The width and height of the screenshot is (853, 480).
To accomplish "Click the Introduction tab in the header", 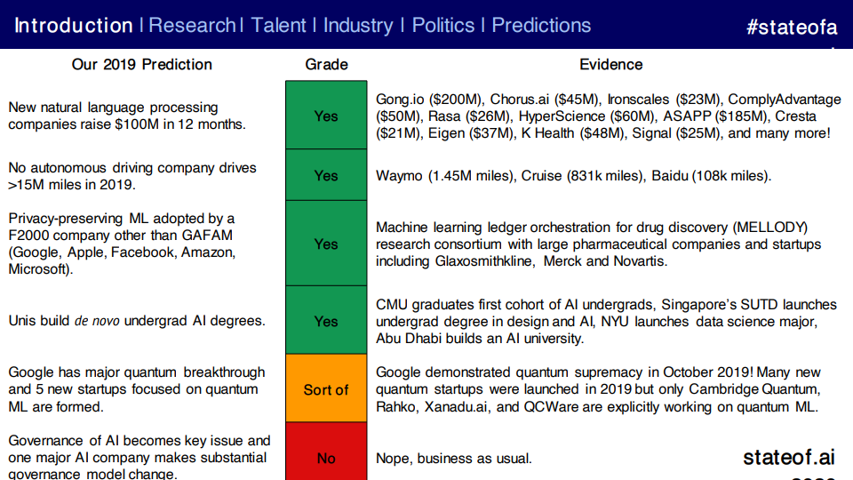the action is [74, 26].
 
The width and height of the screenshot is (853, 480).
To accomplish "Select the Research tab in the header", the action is [192, 26].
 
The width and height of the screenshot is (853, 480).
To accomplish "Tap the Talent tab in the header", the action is [278, 26].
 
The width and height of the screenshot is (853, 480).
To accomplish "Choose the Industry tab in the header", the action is [358, 26].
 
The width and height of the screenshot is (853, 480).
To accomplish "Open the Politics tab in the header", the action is [442, 26].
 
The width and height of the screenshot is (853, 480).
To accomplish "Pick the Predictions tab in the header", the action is [541, 26].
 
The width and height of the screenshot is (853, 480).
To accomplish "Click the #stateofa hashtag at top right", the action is [792, 27].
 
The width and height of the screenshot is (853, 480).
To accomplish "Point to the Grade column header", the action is [326, 65].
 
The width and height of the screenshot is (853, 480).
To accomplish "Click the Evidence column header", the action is [611, 65].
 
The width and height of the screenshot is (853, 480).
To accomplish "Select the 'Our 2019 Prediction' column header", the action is [142, 65].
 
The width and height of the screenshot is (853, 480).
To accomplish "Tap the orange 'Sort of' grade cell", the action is [326, 388].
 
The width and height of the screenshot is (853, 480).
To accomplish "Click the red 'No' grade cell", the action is [326, 452].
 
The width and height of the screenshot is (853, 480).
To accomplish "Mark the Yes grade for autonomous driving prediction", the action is [326, 175].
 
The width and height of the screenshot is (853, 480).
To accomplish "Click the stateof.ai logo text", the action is [789, 457].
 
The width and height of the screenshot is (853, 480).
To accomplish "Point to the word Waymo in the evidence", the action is [399, 176].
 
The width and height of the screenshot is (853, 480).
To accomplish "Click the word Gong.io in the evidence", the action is [400, 100].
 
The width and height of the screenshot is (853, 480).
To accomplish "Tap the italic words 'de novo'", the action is [97, 321].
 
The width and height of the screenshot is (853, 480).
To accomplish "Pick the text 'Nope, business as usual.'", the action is [454, 459].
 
